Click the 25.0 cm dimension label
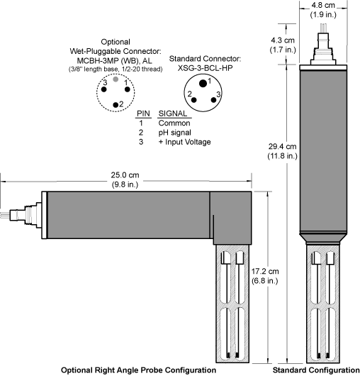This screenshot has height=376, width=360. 125,175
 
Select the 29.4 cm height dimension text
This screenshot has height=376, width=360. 282,146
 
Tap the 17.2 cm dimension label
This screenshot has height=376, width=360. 265,271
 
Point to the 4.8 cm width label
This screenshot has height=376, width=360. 323,5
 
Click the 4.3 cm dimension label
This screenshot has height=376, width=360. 282,40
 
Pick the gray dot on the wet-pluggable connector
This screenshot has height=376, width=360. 116,79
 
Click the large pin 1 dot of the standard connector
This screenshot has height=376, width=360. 203,84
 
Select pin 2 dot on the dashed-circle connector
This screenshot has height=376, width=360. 116,104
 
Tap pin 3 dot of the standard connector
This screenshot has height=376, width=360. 213,100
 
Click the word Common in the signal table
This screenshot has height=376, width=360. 174,123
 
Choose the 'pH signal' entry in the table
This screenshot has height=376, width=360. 174,133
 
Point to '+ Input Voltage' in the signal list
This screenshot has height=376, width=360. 184,142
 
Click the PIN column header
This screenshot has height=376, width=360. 143,114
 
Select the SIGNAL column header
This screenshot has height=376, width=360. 173,114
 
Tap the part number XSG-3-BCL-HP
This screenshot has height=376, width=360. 205,68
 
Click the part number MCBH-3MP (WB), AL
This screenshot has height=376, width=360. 114,61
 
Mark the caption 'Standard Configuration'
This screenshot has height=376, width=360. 316,370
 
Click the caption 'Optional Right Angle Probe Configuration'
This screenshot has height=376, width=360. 138,370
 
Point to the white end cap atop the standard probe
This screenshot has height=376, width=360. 323,67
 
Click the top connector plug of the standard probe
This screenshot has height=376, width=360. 323,48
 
